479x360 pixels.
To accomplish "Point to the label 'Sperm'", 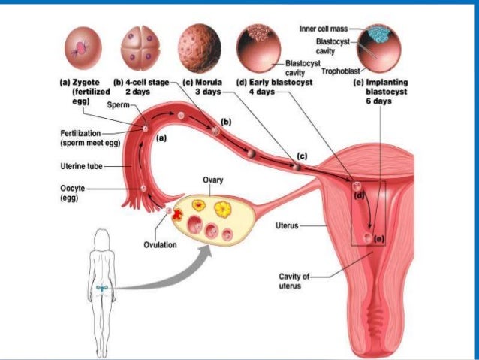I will [x=117, y=104].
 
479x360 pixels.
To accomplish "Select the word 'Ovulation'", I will [x=160, y=244].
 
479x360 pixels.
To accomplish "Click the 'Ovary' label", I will [x=212, y=181].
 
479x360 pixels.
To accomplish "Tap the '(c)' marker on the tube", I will [x=301, y=156].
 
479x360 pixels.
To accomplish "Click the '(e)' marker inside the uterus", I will [x=378, y=239].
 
